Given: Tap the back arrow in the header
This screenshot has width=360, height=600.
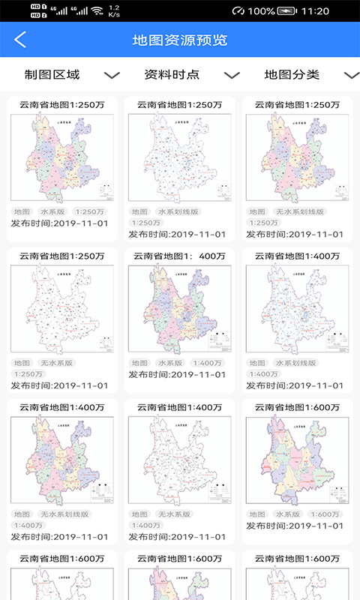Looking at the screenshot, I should (x=20, y=40).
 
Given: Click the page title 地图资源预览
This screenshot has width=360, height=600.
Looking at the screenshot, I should (x=180, y=40).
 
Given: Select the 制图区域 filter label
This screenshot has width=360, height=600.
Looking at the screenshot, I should (x=52, y=74).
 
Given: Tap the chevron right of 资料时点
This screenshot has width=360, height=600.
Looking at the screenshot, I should (x=232, y=75).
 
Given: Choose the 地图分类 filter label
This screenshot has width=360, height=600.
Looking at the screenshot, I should (x=292, y=74).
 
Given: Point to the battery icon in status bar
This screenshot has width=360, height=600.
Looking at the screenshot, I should (x=287, y=11).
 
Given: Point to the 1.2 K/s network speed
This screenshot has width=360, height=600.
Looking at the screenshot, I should (x=114, y=11).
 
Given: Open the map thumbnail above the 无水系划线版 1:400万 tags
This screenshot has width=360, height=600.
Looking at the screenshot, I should (x=62, y=460).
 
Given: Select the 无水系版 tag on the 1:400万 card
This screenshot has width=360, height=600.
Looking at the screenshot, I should (x=174, y=514).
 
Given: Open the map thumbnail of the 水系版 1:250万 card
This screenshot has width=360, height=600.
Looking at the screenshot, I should (x=62, y=157).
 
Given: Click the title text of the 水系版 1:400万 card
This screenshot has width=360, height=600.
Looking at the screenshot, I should (x=180, y=256).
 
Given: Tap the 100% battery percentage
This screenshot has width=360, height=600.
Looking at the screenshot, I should (x=261, y=11).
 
